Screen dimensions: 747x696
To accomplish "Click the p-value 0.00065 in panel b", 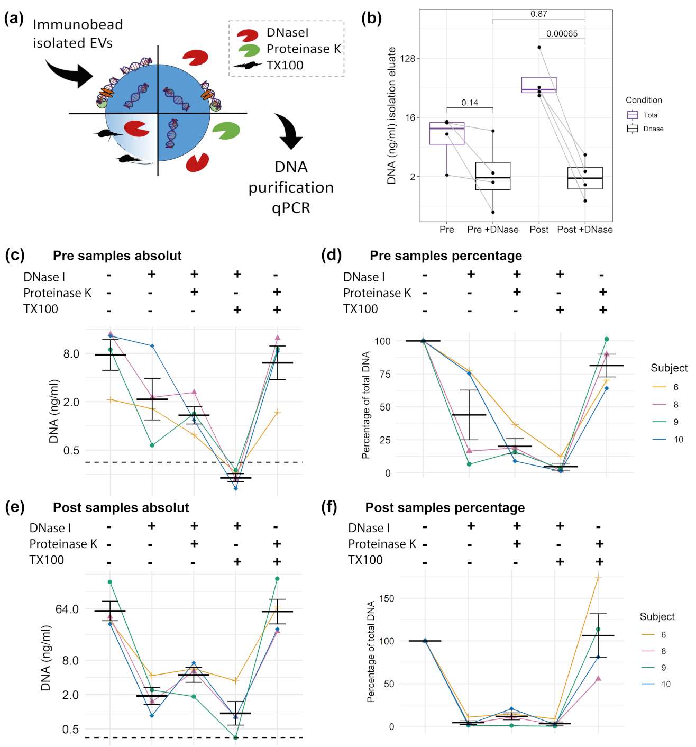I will [x=562, y=34].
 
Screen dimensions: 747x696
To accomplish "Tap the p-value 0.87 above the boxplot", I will [x=538, y=14].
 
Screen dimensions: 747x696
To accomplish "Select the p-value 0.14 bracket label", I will [x=469, y=103].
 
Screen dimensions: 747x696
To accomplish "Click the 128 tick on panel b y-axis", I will [x=408, y=58].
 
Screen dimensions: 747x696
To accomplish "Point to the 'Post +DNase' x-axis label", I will [x=584, y=230].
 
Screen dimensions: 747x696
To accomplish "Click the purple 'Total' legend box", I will [x=633, y=115].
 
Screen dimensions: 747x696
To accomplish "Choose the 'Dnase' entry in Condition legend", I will [x=653, y=129].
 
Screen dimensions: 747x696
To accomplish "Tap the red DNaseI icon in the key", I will [x=247, y=35].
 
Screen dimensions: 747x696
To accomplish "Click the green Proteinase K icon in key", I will [x=249, y=50].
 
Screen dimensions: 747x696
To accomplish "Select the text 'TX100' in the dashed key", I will [x=285, y=66].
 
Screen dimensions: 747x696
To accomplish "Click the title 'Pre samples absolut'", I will [x=117, y=256].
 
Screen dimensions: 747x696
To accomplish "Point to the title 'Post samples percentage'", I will [x=445, y=507].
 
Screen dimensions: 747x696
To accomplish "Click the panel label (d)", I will [x=331, y=255].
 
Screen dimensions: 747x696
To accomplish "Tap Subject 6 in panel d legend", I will [x=675, y=387].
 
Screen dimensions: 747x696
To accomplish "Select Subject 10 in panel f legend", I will [x=665, y=684].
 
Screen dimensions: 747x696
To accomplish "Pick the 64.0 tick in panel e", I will [x=67, y=609].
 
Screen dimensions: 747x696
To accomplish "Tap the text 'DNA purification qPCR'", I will [x=291, y=187].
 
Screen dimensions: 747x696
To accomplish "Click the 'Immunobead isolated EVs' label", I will [x=78, y=33].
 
